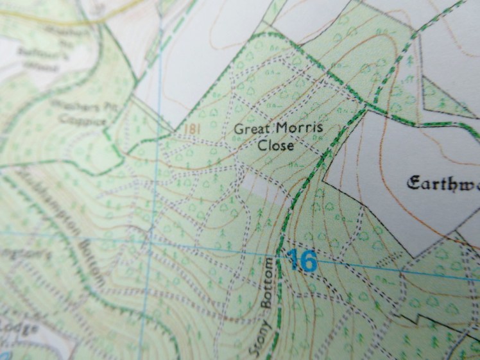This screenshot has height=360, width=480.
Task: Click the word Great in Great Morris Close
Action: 250,129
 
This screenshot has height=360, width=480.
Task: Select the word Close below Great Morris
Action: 276,146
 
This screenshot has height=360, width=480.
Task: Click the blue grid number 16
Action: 302,261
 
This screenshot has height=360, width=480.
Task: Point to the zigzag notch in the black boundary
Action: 414,319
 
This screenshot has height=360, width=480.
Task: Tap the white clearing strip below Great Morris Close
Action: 257,187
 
